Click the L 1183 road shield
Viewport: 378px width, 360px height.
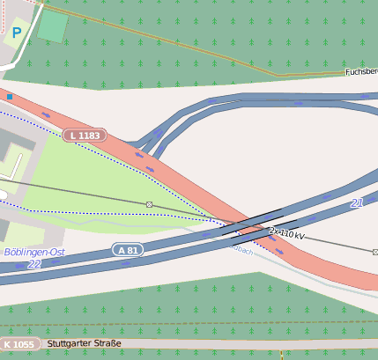85,136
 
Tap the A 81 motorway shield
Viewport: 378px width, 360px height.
128,250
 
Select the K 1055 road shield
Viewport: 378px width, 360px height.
19,344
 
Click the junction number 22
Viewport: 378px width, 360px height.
33,263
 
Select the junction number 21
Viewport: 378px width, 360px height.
357,203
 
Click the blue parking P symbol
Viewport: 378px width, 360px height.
17,33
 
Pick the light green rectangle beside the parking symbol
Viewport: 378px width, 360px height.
52,26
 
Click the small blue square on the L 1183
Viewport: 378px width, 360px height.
9,96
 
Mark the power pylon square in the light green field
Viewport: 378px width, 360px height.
150,204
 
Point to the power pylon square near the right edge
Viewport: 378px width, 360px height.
374,251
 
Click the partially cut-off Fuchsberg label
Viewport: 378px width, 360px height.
360,71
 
